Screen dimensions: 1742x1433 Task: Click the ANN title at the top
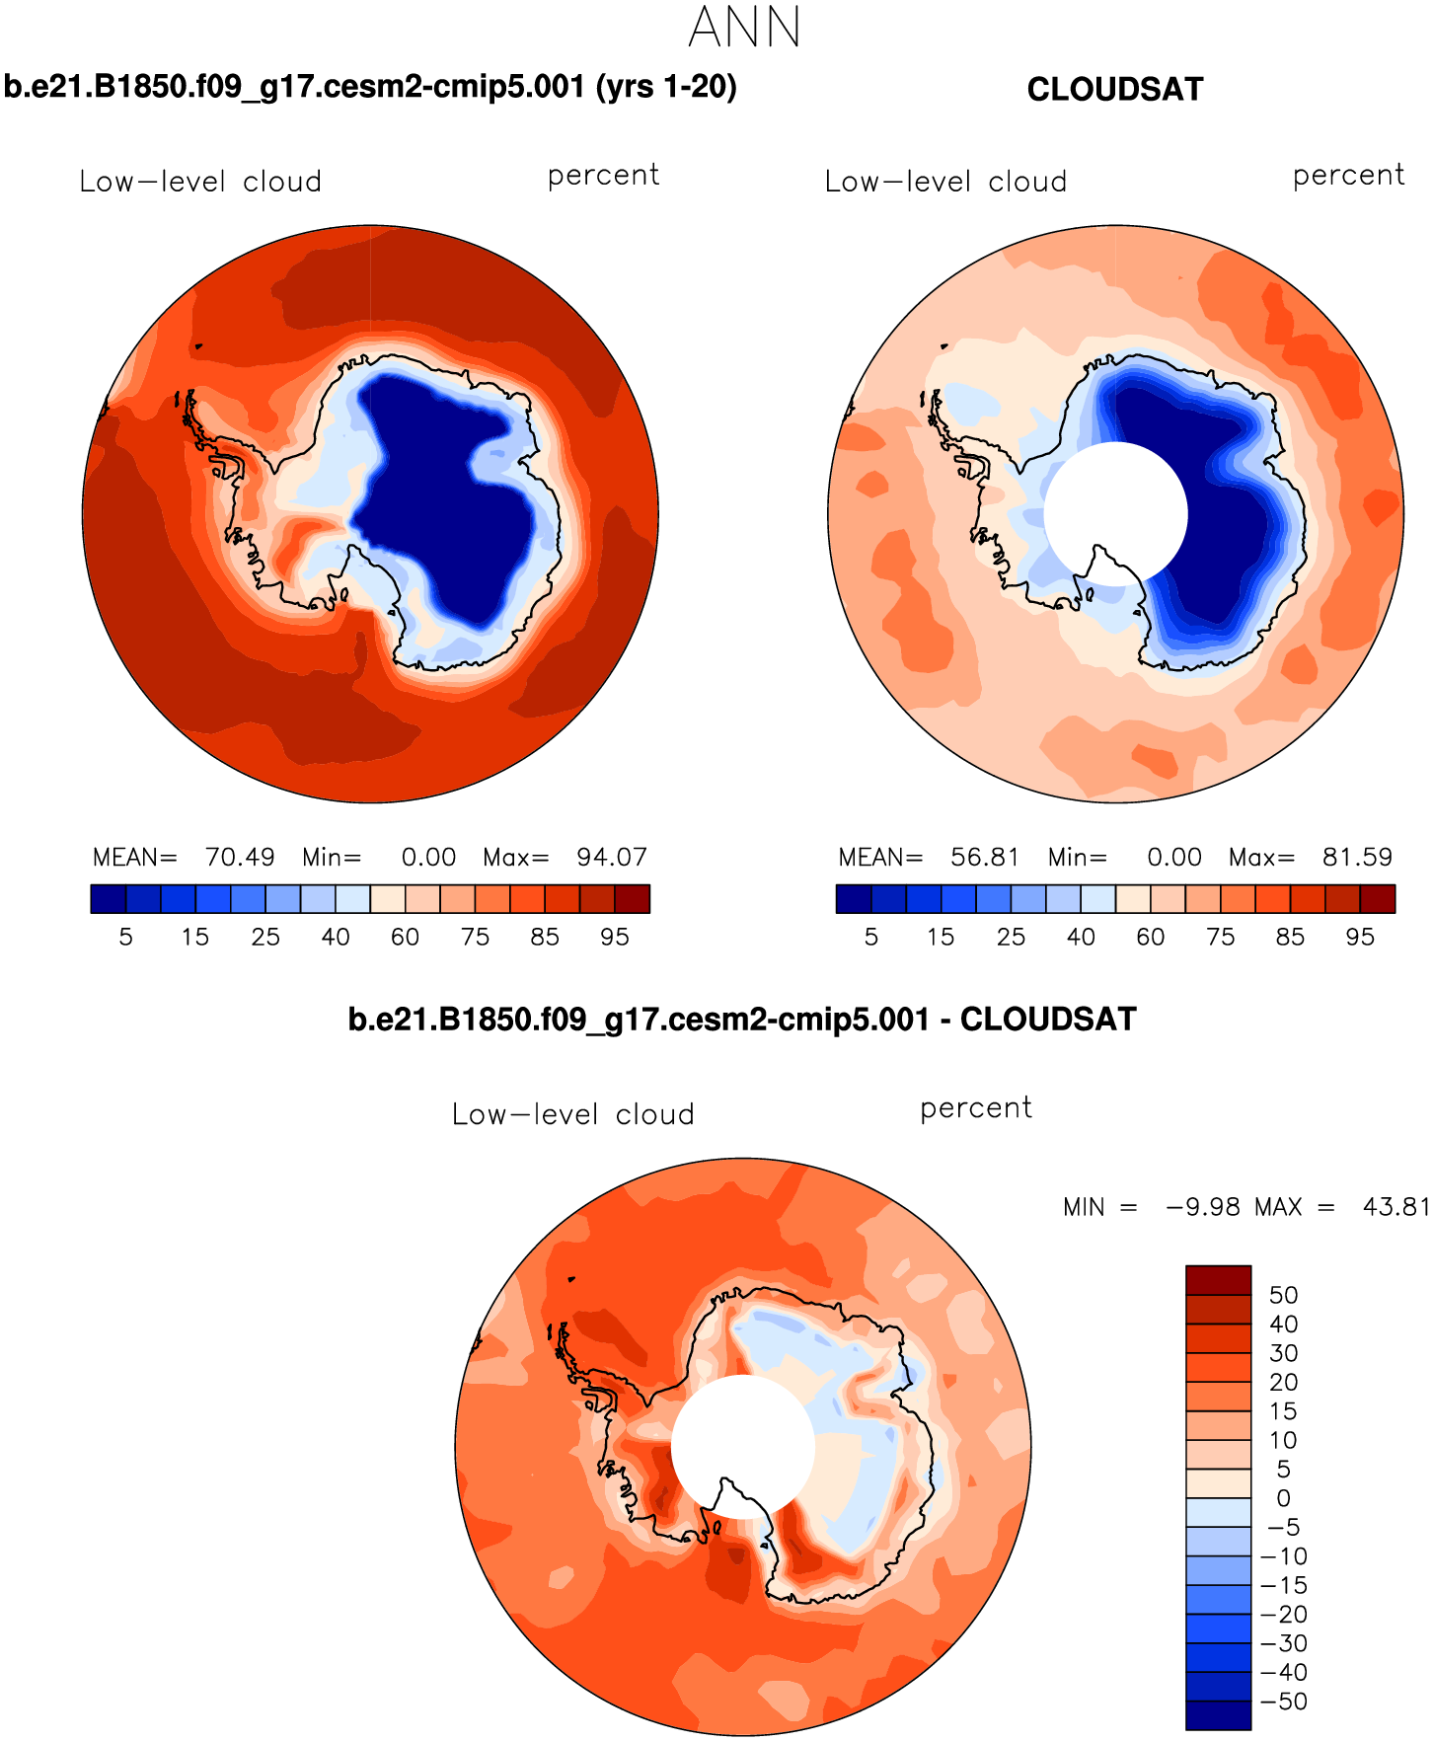pos(744,28)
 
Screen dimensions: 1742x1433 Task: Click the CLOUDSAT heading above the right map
pos(1114,90)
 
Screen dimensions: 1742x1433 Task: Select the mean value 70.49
pos(240,857)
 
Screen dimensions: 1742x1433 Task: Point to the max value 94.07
pos(612,857)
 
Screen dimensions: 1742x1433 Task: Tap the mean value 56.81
pos(985,857)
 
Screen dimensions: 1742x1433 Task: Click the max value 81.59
pos(1357,857)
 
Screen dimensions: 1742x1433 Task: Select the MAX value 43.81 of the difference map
pos(1395,1207)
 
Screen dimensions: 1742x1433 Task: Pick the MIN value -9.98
pos(1203,1207)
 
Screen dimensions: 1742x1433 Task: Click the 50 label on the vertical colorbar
pos(1283,1295)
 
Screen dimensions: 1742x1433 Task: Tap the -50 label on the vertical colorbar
pos(1283,1702)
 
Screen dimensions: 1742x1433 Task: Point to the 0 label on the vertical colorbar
pos(1283,1498)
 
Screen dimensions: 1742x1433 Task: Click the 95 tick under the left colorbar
pos(615,937)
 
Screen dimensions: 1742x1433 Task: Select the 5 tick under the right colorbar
pos(871,937)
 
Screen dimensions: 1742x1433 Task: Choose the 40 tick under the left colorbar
pos(336,937)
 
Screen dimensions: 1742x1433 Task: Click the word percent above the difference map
pos(976,1108)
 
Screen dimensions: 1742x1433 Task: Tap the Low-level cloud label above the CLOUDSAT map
pos(945,182)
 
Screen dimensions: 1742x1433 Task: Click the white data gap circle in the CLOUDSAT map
pos(1115,513)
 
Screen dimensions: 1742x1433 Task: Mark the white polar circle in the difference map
pos(743,1446)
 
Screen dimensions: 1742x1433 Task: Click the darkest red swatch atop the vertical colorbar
pos(1218,1280)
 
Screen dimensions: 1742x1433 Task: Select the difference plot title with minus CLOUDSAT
pos(742,1019)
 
